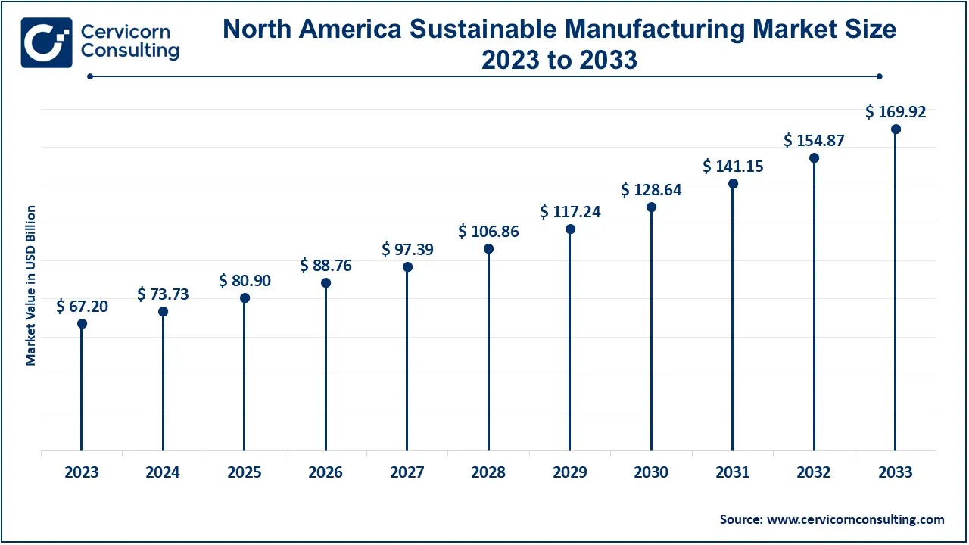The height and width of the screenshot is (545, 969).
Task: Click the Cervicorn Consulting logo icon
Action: pyautogui.click(x=47, y=42)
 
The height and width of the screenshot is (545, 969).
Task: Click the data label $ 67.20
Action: pyautogui.click(x=82, y=306)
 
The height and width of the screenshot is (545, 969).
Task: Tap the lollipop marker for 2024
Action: pyautogui.click(x=163, y=312)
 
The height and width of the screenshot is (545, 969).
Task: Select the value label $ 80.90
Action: pyautogui.click(x=245, y=280)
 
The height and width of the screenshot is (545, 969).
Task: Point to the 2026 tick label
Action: pyautogui.click(x=326, y=472)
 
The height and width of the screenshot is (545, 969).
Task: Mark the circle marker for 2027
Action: pyautogui.click(x=407, y=267)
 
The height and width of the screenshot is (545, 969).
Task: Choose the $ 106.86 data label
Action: pyautogui.click(x=488, y=232)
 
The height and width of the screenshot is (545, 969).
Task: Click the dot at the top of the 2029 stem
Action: pyautogui.click(x=570, y=229)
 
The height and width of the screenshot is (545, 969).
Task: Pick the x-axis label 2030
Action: pyautogui.click(x=651, y=472)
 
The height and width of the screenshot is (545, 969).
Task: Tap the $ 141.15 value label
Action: pyautogui.click(x=733, y=166)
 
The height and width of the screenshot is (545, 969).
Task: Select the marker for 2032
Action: pyautogui.click(x=814, y=158)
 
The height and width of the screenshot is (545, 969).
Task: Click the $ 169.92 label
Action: pyautogui.click(x=896, y=112)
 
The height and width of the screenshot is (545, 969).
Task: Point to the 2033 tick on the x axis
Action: pyautogui.click(x=896, y=472)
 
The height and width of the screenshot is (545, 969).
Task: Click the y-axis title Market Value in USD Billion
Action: pyautogui.click(x=31, y=285)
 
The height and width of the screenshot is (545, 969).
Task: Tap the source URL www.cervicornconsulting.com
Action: pyautogui.click(x=855, y=519)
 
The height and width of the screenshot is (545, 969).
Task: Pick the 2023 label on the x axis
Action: pyautogui.click(x=82, y=472)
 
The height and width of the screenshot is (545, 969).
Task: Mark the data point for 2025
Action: pyautogui.click(x=245, y=298)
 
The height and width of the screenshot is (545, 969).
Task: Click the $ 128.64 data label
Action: pyautogui.click(x=651, y=189)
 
